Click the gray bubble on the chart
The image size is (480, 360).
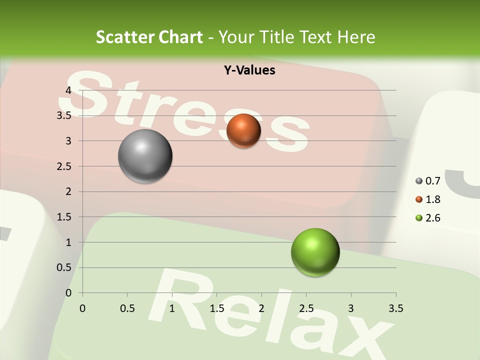point(145,156)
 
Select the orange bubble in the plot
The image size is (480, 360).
point(243,131)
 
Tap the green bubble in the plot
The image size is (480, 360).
point(315,252)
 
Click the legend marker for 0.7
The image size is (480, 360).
point(419,181)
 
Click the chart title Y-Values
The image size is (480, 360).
point(249,70)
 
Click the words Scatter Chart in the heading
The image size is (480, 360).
point(149,37)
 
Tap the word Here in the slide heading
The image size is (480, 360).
point(355,37)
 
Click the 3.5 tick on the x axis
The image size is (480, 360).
point(396,308)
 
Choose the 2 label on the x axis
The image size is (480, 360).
point(261,308)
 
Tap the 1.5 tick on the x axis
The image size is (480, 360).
point(217,308)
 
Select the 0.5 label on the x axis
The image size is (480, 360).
point(127,308)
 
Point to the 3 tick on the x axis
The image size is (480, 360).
point(351,308)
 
